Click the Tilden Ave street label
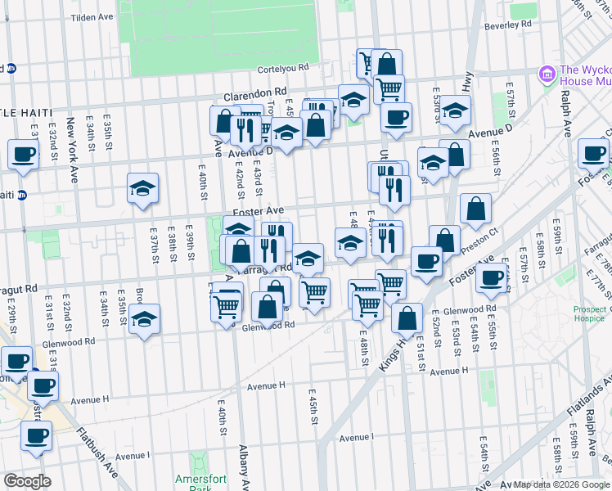pos(92,17)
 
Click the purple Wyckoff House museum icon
pos(547,75)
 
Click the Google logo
pos(27,481)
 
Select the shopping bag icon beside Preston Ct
pos(475,210)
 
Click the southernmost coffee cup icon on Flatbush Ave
pos(36,436)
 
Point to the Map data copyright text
pos(560,484)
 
